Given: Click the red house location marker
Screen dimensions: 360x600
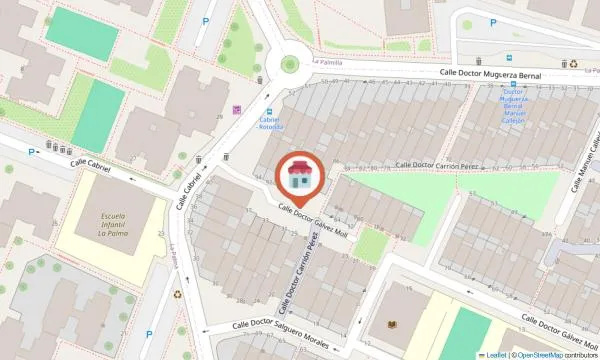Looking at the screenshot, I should (298, 178).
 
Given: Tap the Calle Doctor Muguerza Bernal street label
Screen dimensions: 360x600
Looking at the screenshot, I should (491, 75).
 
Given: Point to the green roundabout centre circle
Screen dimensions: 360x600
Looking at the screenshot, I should (290, 65).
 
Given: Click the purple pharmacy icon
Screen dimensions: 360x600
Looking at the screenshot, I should (237, 110).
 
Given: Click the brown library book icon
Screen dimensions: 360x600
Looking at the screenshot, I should (391, 325).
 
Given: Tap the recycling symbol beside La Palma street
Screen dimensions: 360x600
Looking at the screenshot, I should (178, 294).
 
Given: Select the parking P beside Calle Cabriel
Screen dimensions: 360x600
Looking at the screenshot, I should (33, 152).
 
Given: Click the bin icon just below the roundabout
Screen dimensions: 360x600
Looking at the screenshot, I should (260, 79).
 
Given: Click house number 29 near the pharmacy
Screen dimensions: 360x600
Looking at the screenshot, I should (219, 118).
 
